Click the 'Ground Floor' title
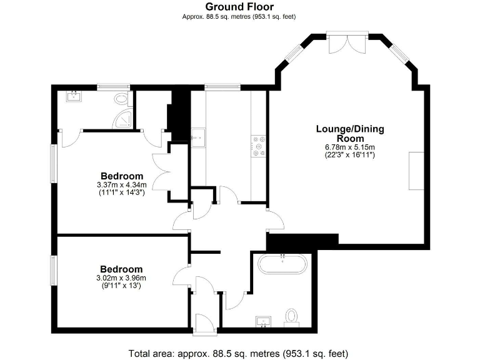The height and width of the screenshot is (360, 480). pos(239,7)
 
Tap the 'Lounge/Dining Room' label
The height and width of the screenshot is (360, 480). pos(349,134)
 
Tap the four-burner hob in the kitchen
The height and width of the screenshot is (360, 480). pos(259,146)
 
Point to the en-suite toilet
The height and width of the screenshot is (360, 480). pos(121,98)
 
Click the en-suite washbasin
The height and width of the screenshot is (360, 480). pos(75,96)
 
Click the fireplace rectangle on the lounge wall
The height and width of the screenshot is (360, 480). pos(416,170)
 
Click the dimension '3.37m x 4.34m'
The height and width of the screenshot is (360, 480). pos(121,185)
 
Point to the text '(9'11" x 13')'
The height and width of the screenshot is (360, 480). pos(121,285)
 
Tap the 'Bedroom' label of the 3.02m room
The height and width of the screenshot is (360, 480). pos(121,269)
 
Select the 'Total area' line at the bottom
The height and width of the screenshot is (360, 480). pos(239,352)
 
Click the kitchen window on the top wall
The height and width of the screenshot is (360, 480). pos(217,87)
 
